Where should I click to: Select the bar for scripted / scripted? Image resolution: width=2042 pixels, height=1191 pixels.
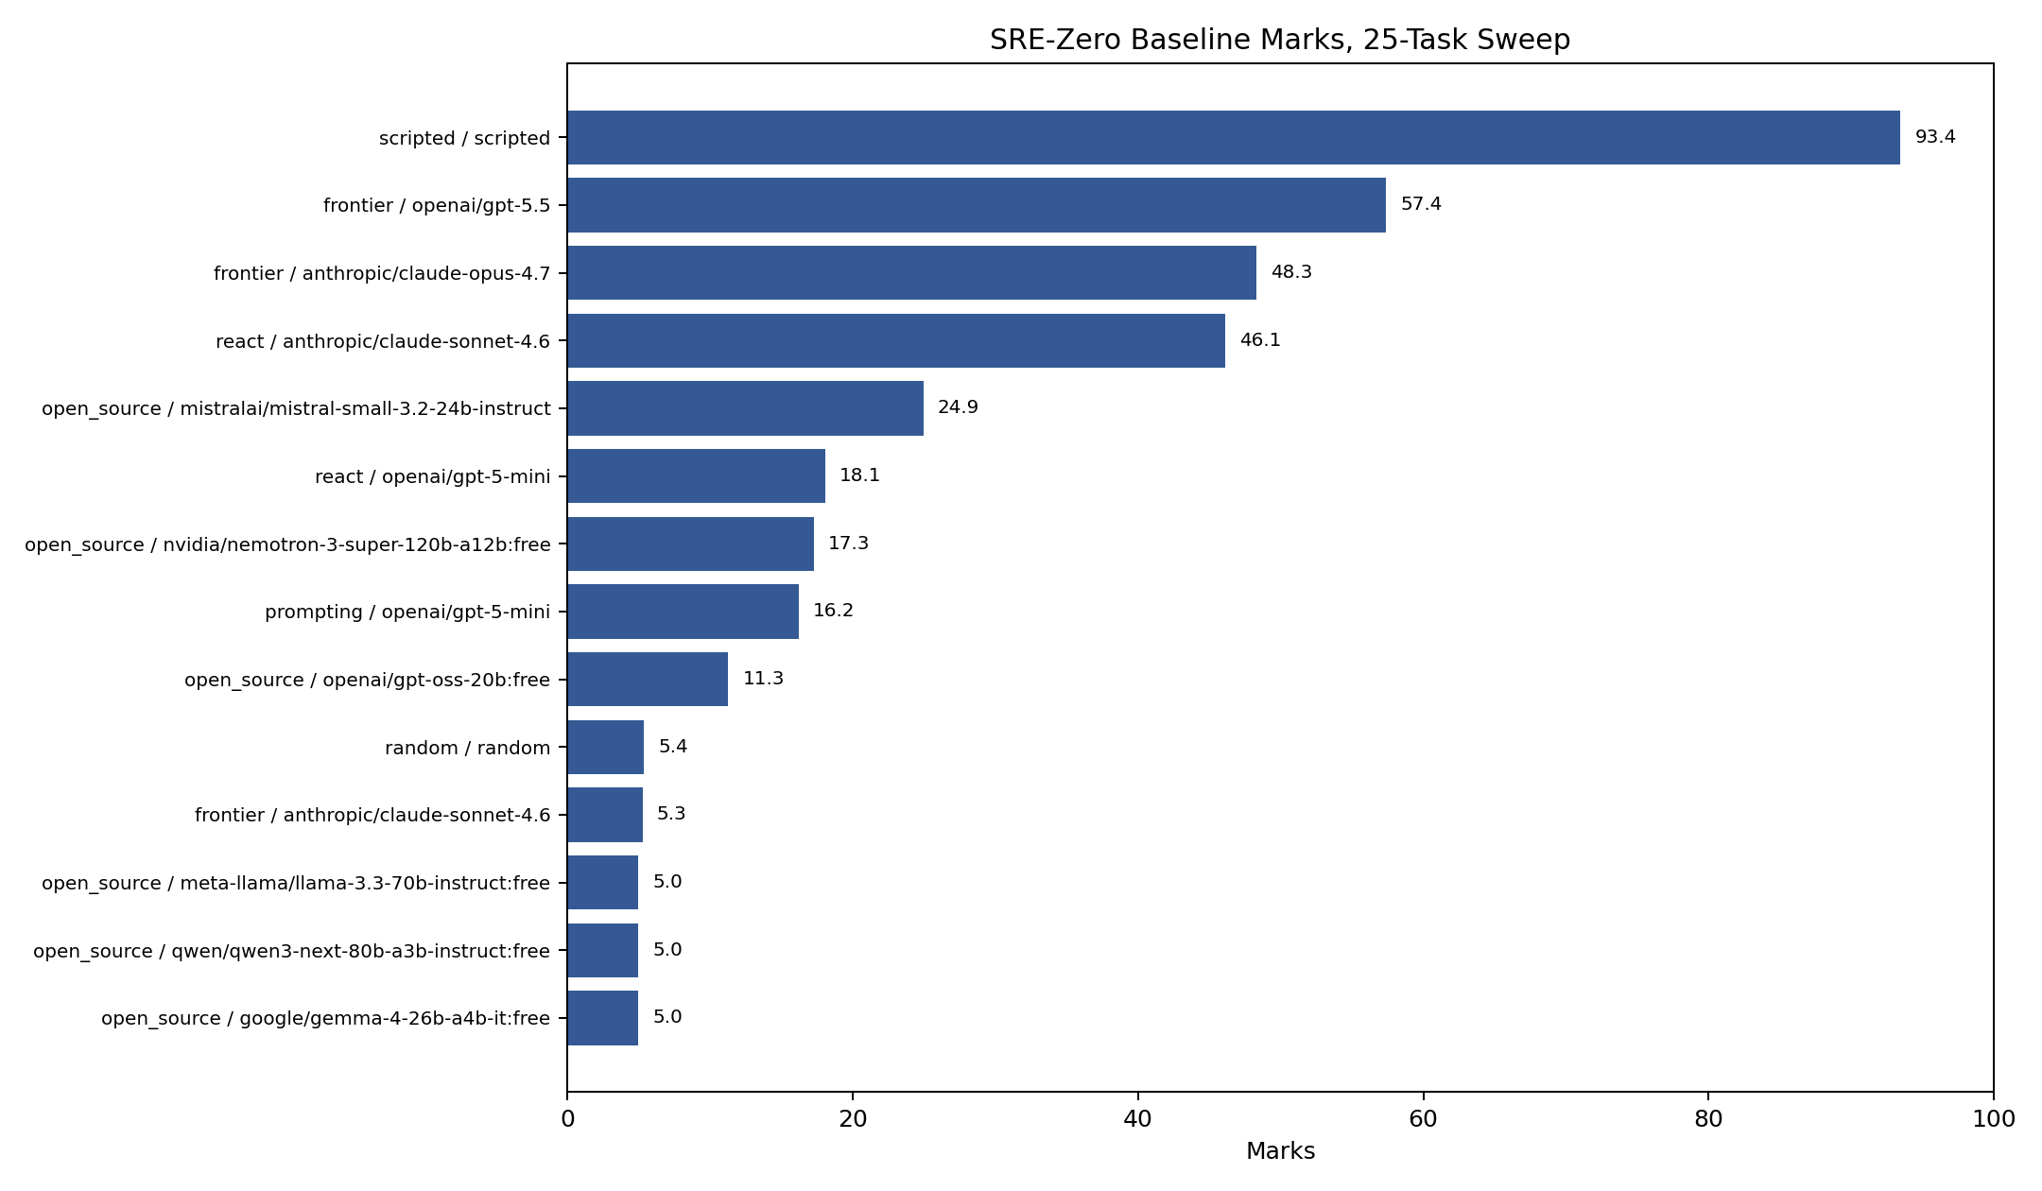[1234, 137]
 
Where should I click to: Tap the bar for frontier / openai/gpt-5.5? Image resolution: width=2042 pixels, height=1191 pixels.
[977, 205]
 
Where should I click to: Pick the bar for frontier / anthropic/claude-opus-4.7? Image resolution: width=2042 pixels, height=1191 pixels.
[911, 272]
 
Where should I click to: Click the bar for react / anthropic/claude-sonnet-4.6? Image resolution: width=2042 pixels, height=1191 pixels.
[896, 340]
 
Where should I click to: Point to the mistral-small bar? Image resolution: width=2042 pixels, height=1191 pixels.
[745, 408]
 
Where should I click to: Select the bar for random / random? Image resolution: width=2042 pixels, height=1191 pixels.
[605, 747]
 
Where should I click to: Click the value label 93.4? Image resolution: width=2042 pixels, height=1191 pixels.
[1935, 137]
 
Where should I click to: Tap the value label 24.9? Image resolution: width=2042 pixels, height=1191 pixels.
[958, 407]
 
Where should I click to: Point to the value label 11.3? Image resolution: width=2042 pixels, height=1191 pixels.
[763, 679]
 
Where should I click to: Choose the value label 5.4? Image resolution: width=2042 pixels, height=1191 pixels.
[673, 747]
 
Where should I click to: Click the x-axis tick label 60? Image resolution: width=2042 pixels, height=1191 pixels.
[1423, 1119]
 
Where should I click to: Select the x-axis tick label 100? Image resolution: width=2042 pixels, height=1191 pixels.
[1994, 1119]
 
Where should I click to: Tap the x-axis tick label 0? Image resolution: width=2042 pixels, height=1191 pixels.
[567, 1119]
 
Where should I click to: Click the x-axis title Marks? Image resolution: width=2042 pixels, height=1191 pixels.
[1280, 1151]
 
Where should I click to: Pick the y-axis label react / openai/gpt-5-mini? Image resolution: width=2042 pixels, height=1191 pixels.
[432, 476]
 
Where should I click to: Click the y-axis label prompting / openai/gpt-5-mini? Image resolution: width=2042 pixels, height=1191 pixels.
[407, 613]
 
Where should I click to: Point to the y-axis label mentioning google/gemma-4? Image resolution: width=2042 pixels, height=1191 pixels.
[325, 1019]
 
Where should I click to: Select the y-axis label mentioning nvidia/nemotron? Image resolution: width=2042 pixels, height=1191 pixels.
[287, 544]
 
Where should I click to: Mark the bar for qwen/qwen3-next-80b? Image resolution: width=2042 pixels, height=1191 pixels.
[602, 950]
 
